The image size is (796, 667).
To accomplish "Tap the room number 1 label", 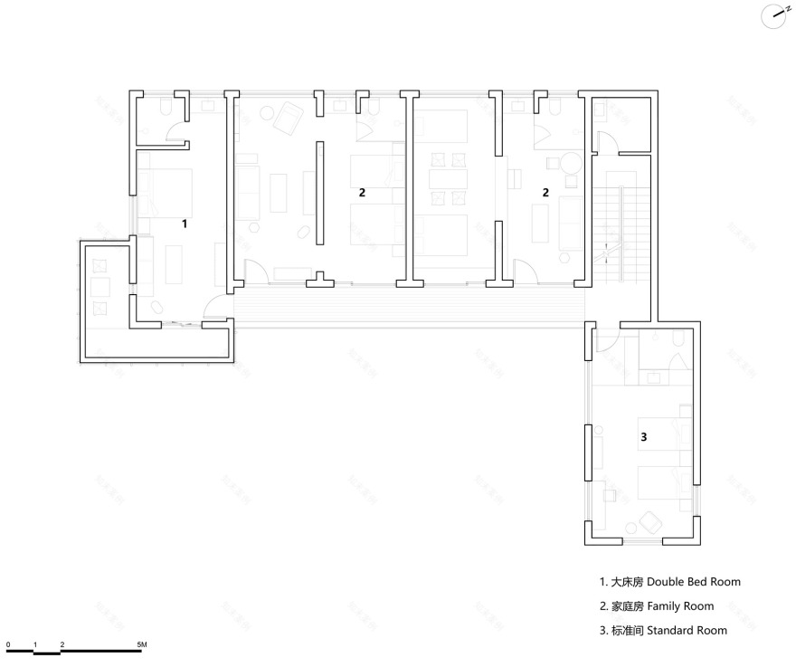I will (185, 222).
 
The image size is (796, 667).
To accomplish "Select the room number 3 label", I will (643, 437).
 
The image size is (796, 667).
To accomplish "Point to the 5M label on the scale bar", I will (142, 644).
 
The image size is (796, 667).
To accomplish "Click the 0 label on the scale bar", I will (7, 644).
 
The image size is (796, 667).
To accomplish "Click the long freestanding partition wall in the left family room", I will (317, 193).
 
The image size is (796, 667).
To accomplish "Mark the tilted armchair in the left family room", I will (289, 115).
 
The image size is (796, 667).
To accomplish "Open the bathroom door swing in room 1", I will (175, 138).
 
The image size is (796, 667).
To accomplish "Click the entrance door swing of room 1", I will (215, 308).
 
